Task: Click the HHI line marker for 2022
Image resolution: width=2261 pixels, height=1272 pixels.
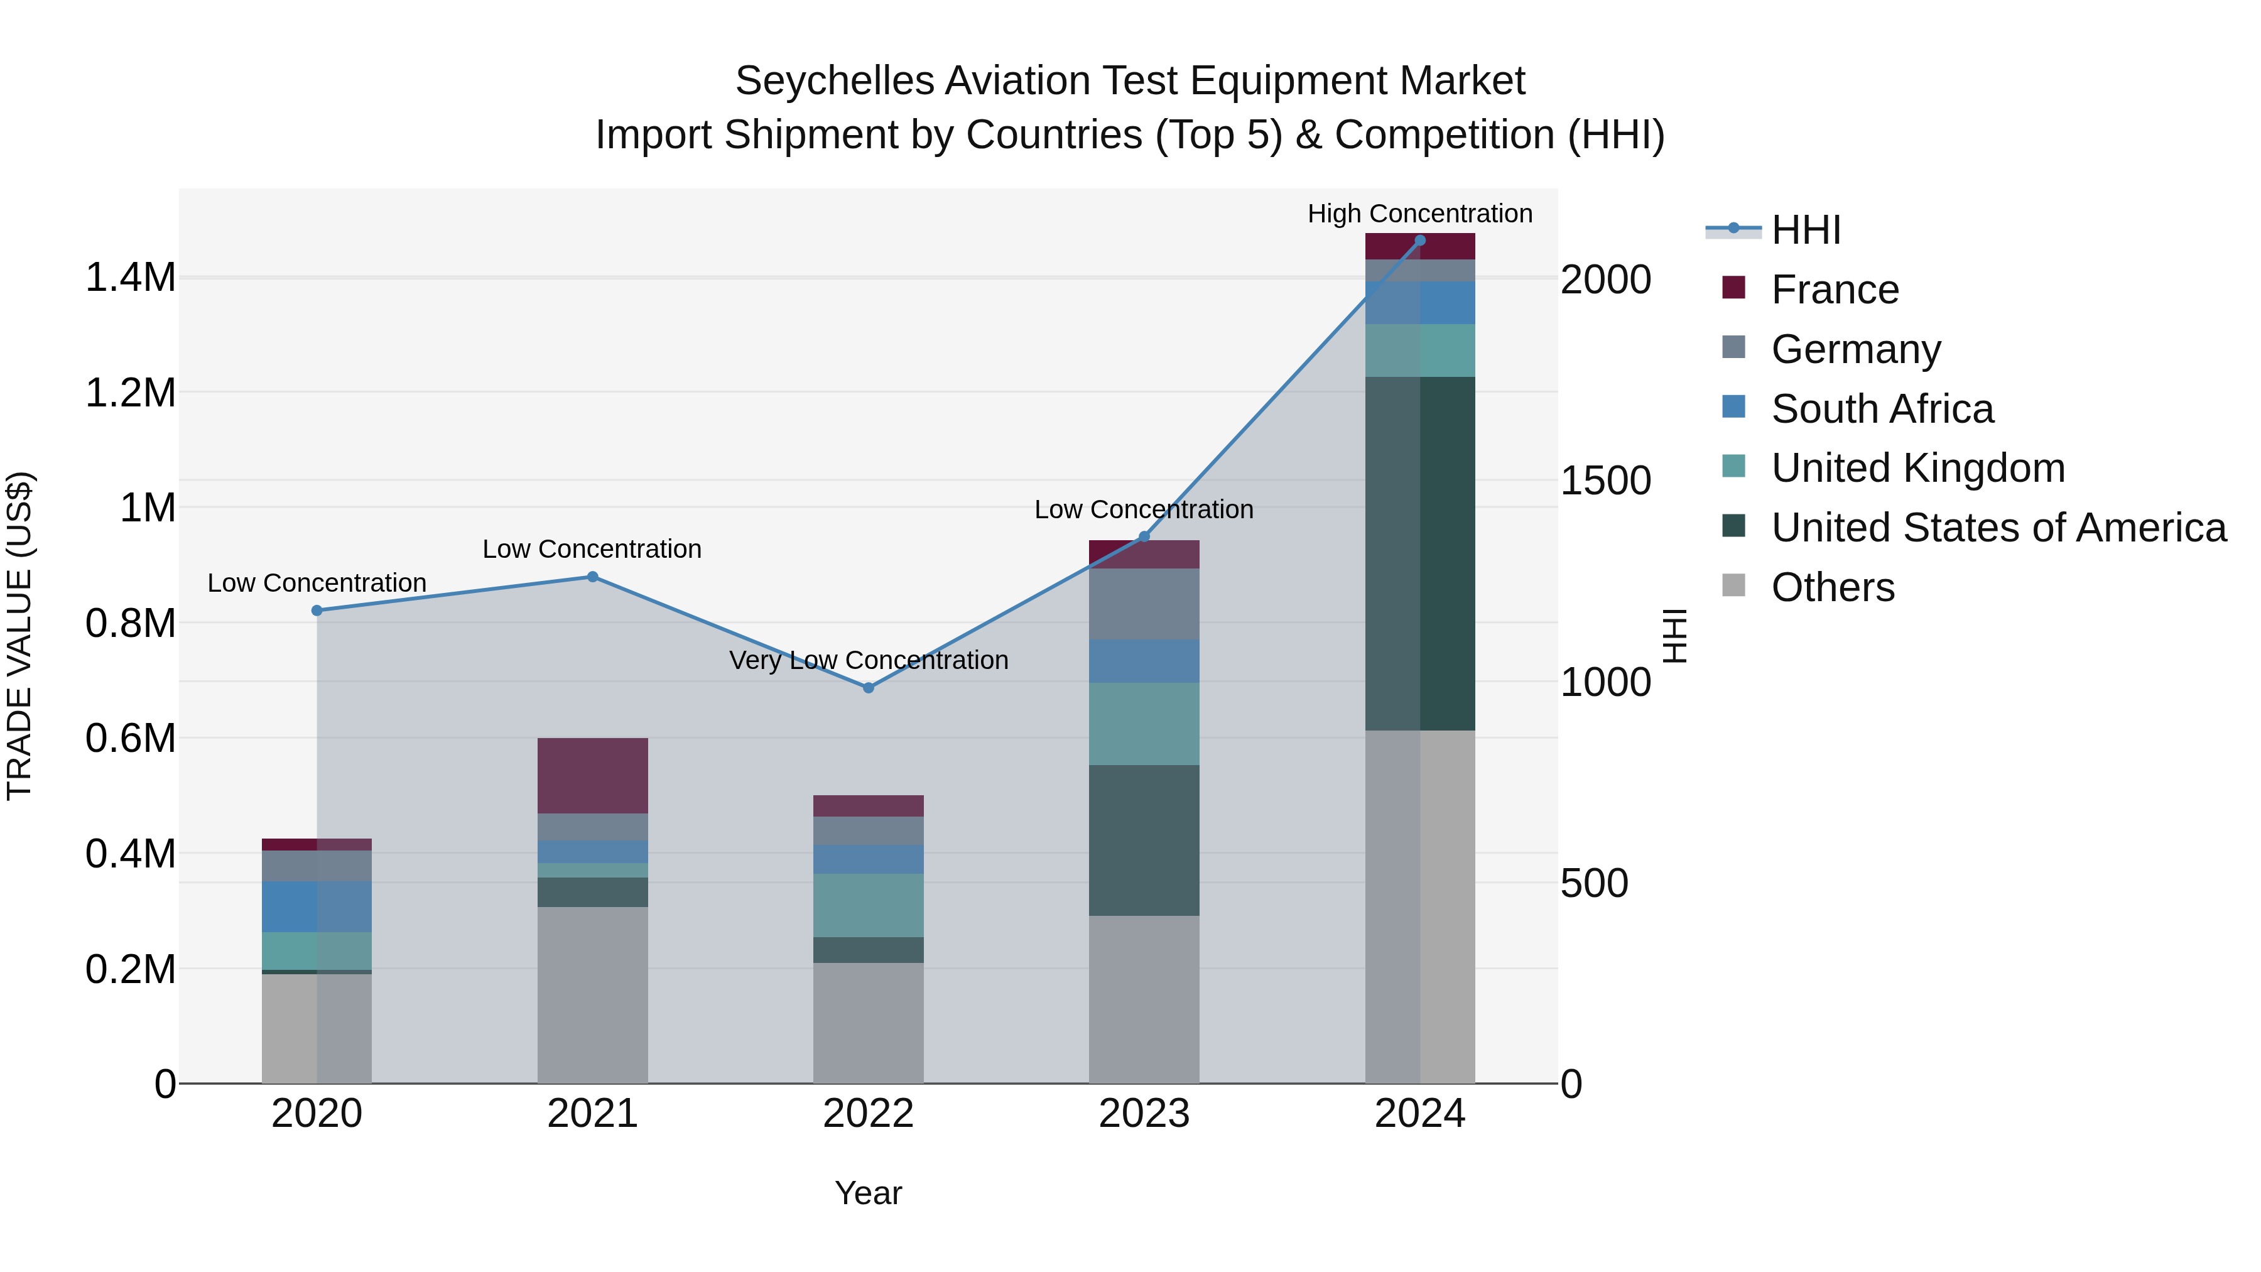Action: click(868, 687)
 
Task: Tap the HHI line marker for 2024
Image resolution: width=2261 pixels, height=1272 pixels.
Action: click(1419, 241)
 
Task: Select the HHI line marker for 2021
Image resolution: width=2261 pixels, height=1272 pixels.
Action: click(592, 577)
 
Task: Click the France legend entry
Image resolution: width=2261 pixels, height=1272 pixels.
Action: click(1835, 290)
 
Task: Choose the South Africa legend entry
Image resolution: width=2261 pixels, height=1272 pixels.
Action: click(1882, 409)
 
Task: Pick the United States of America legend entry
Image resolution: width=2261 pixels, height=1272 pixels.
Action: click(1998, 528)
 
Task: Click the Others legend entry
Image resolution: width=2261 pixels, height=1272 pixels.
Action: click(1833, 587)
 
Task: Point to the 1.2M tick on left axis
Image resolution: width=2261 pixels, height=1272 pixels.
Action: click(131, 393)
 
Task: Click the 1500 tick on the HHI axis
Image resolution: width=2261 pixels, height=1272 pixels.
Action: click(1605, 481)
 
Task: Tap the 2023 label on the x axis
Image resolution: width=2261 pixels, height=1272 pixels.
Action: click(1144, 1114)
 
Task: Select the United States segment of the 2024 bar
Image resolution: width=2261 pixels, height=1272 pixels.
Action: click(1419, 553)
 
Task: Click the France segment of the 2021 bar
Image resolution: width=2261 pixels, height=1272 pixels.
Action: click(592, 775)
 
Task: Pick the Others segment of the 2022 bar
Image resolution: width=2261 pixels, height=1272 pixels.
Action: click(868, 1023)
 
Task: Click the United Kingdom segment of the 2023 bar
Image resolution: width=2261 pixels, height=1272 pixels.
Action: click(1144, 724)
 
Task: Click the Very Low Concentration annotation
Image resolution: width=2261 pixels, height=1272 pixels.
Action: click(868, 660)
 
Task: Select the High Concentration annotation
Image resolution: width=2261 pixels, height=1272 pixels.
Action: click(1419, 214)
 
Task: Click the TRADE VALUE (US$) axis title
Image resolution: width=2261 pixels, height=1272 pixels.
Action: click(19, 636)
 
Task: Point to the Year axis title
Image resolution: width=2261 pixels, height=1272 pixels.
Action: click(868, 1193)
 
